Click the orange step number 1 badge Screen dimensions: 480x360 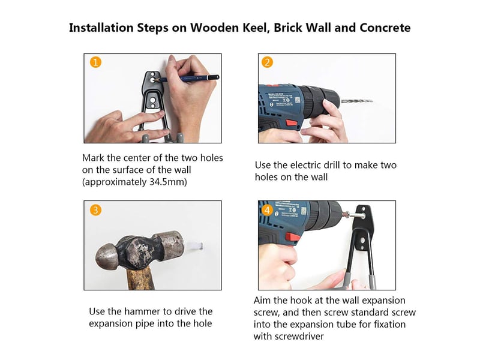click(95, 62)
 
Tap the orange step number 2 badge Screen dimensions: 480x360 click(267, 62)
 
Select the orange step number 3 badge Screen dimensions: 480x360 click(95, 211)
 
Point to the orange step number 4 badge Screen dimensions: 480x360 click(267, 211)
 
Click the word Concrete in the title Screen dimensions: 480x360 click(385, 28)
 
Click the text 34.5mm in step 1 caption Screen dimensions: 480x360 click(168, 182)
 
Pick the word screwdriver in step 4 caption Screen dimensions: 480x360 click(299, 337)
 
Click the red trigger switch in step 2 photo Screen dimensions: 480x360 click(292, 124)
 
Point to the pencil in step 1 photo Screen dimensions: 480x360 click(187, 79)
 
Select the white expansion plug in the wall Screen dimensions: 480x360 click(196, 245)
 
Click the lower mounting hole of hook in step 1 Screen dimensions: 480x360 click(153, 101)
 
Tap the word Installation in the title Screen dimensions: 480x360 click(101, 28)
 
